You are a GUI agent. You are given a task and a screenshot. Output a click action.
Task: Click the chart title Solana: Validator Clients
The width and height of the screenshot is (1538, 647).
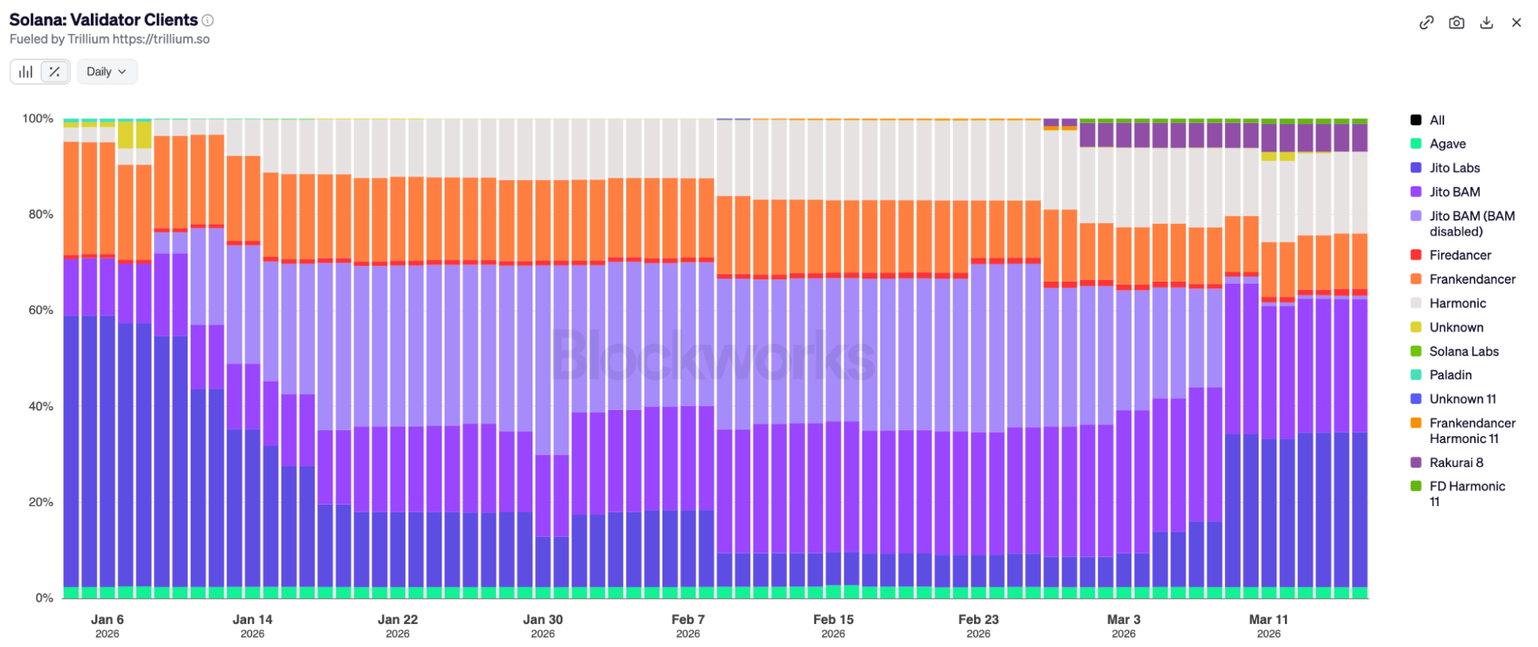[103, 20]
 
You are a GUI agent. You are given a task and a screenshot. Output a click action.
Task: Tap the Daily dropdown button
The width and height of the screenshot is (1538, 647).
[106, 72]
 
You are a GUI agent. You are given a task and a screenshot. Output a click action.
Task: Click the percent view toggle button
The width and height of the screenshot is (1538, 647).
[55, 72]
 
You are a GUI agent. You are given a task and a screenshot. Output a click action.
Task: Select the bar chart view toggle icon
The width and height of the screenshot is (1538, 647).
[26, 72]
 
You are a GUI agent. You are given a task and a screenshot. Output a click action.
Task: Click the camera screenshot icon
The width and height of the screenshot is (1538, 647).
[1456, 22]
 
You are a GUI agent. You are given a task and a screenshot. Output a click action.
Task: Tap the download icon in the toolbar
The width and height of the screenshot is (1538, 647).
[1486, 22]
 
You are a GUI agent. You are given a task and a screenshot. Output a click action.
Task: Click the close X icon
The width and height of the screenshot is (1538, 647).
[1516, 22]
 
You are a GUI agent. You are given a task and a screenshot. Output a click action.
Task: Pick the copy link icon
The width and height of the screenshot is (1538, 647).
[1426, 22]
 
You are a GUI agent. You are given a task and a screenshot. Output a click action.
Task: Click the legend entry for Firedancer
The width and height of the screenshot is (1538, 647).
[1460, 255]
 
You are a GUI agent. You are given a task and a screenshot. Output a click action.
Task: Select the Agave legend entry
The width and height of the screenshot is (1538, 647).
[1447, 144]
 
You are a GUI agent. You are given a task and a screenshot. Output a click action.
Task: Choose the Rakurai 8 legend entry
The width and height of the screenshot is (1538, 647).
[1456, 462]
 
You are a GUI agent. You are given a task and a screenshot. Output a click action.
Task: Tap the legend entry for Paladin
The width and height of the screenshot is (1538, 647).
[1450, 375]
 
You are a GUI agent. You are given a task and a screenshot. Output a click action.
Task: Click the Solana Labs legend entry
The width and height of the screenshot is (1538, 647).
[1463, 351]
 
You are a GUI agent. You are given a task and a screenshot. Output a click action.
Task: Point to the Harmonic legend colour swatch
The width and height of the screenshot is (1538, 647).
[1416, 303]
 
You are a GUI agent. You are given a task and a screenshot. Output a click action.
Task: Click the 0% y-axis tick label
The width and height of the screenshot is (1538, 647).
[45, 598]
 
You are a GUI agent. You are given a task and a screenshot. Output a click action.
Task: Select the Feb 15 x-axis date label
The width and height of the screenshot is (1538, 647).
[833, 619]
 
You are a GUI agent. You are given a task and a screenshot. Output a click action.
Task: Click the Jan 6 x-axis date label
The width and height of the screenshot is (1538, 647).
[107, 619]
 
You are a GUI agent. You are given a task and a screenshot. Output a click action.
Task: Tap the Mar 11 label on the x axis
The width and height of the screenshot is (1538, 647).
[1268, 619]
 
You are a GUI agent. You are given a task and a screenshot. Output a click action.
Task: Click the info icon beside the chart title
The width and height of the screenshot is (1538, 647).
[208, 20]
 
